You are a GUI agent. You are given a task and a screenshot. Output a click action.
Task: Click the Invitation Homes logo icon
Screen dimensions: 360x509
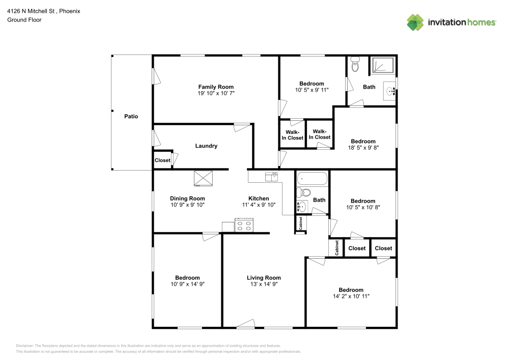coord(415,22)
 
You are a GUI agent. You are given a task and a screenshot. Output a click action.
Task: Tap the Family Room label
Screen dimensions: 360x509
coord(216,87)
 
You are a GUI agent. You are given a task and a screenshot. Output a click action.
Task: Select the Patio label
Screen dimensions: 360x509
coord(131,117)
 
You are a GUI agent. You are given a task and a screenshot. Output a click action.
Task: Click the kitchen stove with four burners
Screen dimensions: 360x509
coord(244,225)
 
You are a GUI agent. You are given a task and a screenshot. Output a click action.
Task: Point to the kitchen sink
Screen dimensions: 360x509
coord(271,176)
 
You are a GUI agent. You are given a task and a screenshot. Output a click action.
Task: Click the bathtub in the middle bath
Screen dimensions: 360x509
coord(312,179)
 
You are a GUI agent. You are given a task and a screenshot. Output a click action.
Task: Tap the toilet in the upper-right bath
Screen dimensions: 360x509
coord(355,65)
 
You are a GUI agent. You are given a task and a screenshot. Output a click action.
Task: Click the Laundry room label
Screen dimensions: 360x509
coord(206,146)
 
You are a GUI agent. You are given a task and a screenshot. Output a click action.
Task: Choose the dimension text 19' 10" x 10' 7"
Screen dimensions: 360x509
coord(216,94)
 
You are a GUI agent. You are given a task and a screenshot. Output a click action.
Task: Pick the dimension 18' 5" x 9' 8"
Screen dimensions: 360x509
coord(363,148)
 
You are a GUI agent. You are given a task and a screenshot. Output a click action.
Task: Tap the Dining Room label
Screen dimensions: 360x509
coord(187,199)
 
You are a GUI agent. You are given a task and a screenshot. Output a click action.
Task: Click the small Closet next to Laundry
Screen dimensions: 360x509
coord(162,160)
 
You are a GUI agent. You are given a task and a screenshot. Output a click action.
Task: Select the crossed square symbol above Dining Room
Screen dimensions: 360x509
coord(203,179)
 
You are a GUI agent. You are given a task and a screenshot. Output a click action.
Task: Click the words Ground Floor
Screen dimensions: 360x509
coord(24,20)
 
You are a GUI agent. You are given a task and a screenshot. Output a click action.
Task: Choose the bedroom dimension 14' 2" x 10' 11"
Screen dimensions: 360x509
coord(351,296)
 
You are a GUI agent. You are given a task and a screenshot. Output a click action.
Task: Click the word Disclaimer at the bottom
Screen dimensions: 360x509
coord(24,345)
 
